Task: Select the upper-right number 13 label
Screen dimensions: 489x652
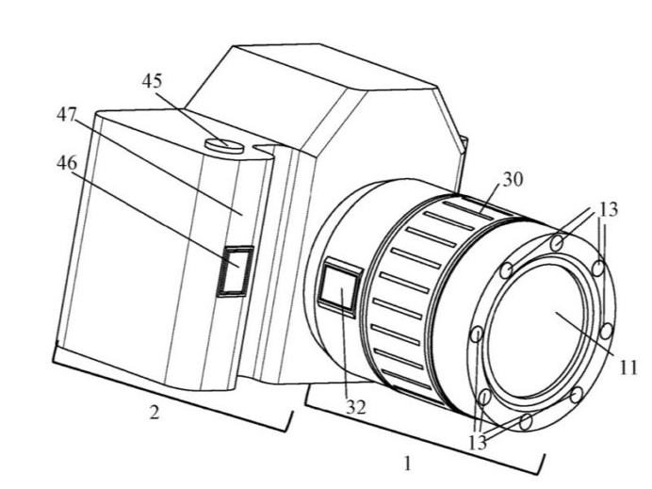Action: click(x=608, y=209)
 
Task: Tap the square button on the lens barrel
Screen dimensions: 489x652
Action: click(x=335, y=287)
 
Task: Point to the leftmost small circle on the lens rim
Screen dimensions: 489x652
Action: click(x=476, y=334)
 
